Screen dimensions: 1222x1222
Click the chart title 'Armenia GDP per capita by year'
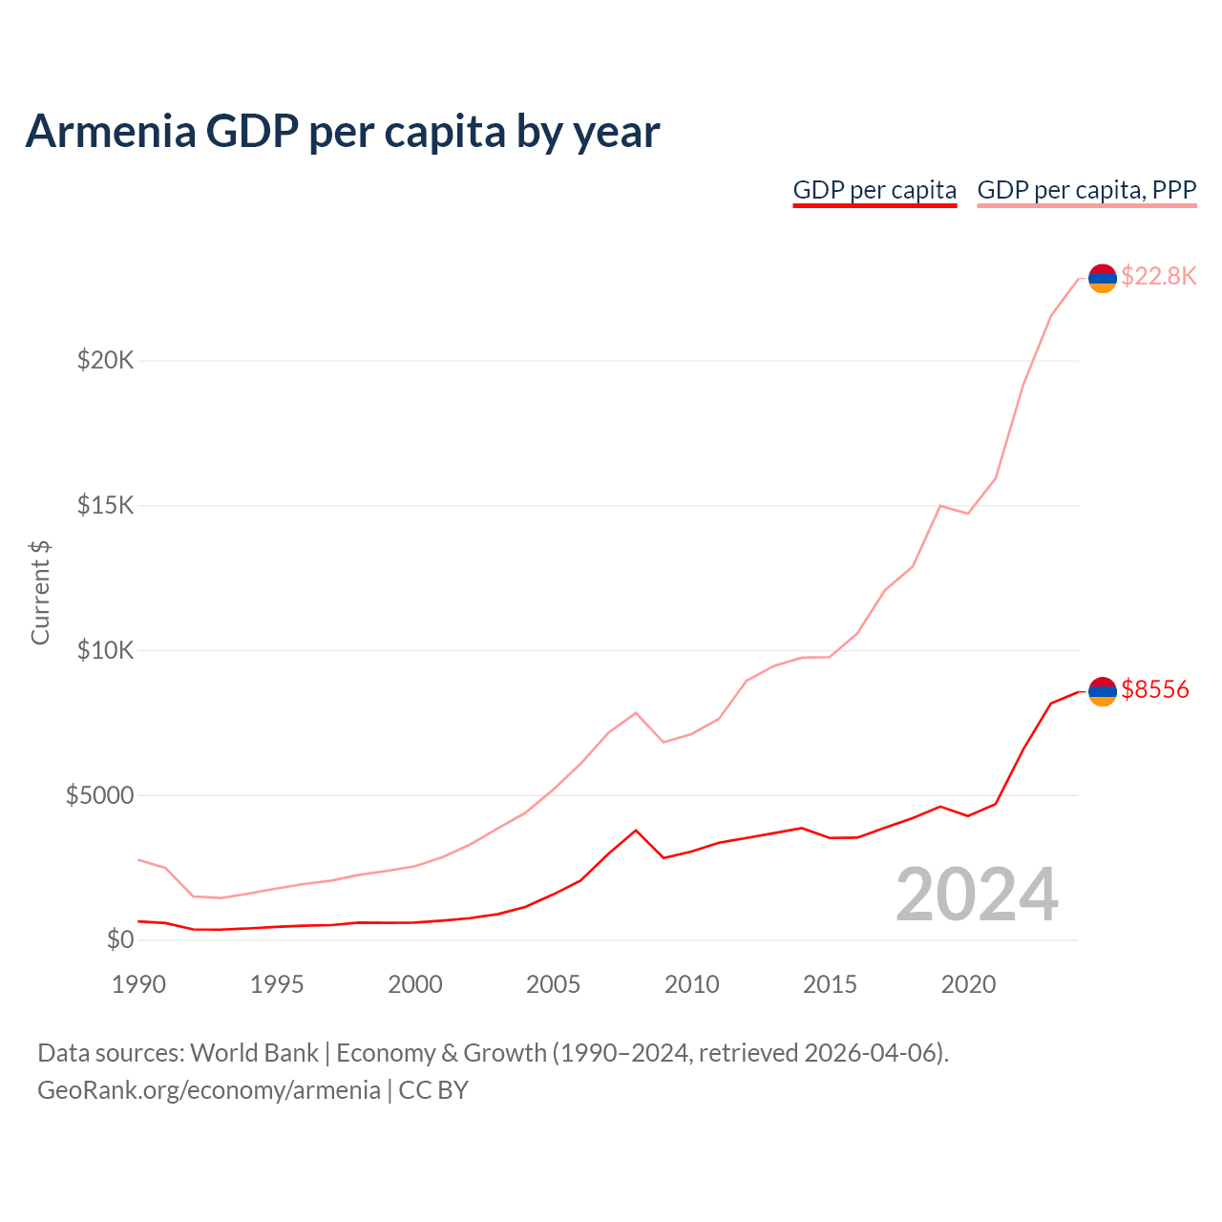click(342, 132)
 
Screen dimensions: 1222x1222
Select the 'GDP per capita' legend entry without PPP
click(874, 190)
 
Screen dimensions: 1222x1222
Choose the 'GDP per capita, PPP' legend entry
click(1086, 190)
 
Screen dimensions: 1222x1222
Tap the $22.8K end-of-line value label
click(1158, 277)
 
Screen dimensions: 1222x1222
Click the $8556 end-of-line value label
click(1155, 689)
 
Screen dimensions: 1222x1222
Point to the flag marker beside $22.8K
click(1103, 278)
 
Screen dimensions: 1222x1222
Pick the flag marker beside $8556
click(1103, 691)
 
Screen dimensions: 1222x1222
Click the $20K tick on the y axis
click(106, 361)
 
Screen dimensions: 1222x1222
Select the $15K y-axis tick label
click(106, 505)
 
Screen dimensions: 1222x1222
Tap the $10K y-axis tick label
click(106, 651)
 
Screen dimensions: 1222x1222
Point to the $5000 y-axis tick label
click(99, 795)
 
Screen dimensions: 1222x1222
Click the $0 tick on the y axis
click(120, 940)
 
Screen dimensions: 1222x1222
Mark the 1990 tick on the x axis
click(138, 984)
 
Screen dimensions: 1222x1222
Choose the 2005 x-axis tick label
click(554, 984)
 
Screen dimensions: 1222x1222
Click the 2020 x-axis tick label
click(968, 984)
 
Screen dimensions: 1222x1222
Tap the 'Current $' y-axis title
click(40, 592)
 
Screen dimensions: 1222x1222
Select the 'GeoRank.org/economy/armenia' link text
click(209, 1090)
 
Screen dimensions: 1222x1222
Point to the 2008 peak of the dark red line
click(636, 830)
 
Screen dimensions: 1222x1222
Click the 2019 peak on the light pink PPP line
click(940, 505)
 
